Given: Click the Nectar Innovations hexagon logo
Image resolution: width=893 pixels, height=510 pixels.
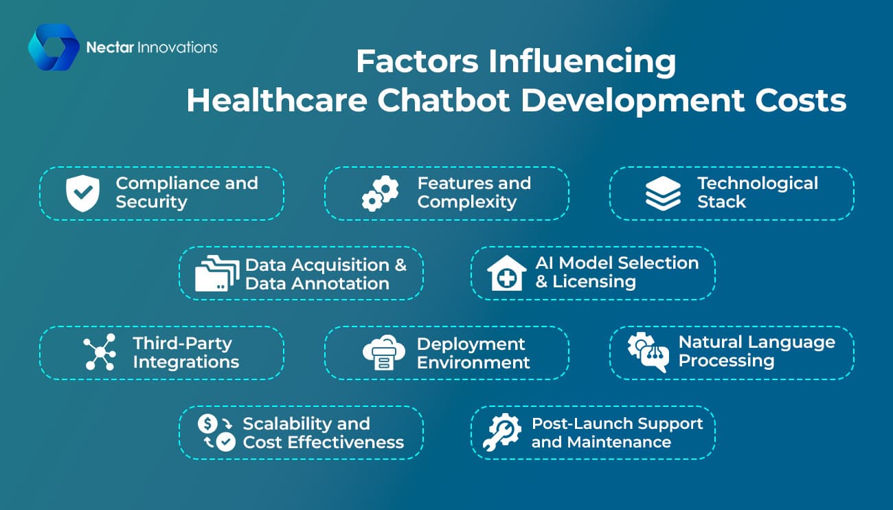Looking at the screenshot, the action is pyautogui.click(x=54, y=47).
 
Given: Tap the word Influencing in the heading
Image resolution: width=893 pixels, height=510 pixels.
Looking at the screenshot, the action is pyautogui.click(x=582, y=62).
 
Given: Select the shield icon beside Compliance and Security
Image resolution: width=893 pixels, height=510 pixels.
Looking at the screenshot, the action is pyautogui.click(x=82, y=193).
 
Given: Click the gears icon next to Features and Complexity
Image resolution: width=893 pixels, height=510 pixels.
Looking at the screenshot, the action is pyautogui.click(x=381, y=193).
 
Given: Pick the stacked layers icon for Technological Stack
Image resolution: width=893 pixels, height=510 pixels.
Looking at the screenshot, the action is pyautogui.click(x=663, y=193).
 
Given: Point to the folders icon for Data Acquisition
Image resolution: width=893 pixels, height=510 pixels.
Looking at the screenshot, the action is pyautogui.click(x=217, y=273).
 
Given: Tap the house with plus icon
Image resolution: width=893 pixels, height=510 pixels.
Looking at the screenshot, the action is pyautogui.click(x=506, y=273).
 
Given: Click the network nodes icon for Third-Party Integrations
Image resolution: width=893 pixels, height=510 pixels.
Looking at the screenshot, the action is pyautogui.click(x=100, y=352).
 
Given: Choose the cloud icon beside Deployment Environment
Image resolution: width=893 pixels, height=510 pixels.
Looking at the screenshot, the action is pyautogui.click(x=384, y=353).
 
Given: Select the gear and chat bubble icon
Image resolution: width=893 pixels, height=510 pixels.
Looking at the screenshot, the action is pyautogui.click(x=648, y=353).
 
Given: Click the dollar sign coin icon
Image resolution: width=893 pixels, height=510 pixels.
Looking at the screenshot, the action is pyautogui.click(x=207, y=423).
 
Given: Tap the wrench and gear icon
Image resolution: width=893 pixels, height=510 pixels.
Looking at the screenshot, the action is pyautogui.click(x=502, y=432).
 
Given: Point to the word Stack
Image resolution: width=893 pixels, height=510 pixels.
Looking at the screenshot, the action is pyautogui.click(x=721, y=202).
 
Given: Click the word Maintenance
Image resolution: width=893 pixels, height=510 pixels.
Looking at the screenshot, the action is pyautogui.click(x=619, y=442).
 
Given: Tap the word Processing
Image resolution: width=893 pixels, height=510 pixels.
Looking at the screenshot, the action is pyautogui.click(x=726, y=362).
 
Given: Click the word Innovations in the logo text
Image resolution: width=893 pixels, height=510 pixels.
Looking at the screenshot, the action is pyautogui.click(x=177, y=47).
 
